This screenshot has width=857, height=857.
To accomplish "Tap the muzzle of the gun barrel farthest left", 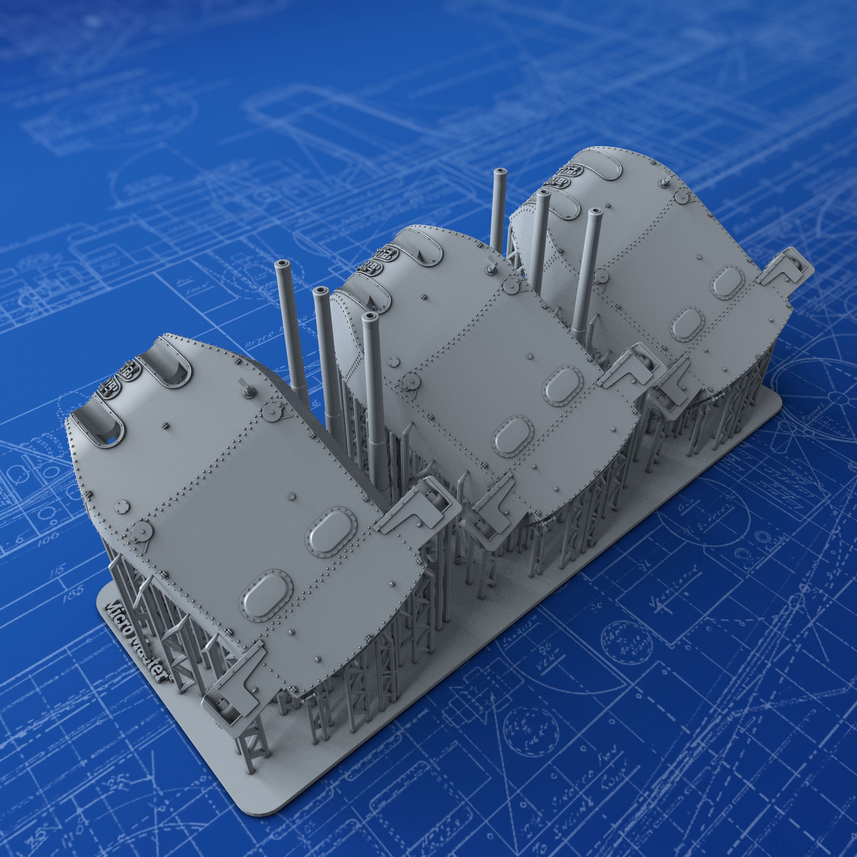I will pyautogui.click(x=280, y=265).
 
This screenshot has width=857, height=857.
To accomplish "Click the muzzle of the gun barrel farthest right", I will pyautogui.click(x=595, y=214).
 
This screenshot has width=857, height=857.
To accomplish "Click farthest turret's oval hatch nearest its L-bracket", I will pyautogui.click(x=727, y=282).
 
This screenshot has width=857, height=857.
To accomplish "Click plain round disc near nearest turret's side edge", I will pyautogui.click(x=121, y=505).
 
